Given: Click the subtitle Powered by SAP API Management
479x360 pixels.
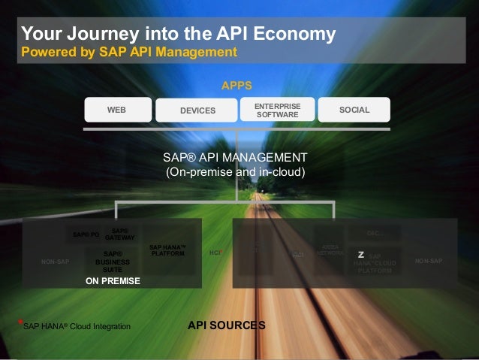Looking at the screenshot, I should point(128,52).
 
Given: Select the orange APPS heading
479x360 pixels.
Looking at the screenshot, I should point(236,86).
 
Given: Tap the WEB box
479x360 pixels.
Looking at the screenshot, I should point(116,110).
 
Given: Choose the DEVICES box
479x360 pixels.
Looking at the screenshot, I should point(197,110).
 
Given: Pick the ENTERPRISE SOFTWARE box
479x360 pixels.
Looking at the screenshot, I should point(277,110).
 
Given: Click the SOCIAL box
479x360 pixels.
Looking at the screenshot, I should point(354,110).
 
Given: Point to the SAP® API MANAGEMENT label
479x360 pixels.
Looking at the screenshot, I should point(235,158).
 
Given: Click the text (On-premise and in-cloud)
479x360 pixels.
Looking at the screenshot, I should point(235,172).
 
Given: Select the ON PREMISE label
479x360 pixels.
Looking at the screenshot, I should point(113,280).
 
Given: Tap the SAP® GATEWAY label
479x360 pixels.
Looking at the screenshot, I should point(119,234).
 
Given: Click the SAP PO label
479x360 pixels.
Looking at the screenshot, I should point(86,234).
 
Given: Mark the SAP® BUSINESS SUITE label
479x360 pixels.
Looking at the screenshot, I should point(113,261).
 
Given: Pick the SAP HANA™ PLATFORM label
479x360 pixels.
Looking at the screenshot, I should point(167,250).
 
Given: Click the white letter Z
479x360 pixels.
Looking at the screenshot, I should point(361,255).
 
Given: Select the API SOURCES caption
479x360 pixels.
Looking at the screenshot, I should point(226,325).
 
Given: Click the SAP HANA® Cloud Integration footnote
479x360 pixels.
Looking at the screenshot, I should point(77,326).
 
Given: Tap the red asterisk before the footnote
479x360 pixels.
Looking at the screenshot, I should point(20,322).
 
